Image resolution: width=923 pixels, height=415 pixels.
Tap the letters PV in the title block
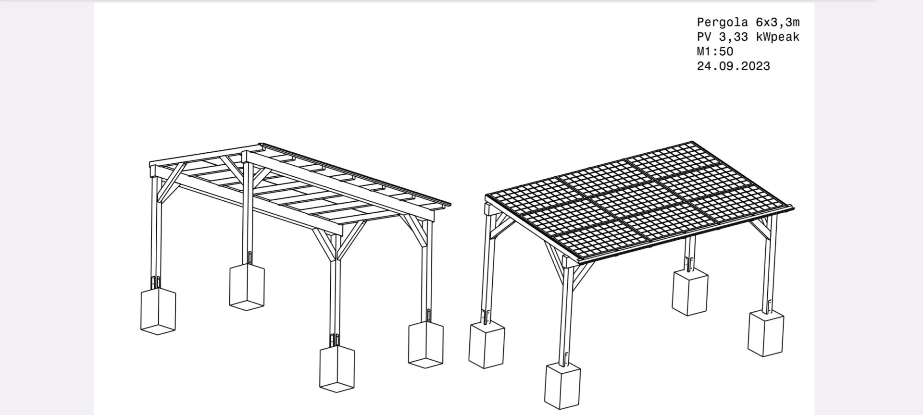pyautogui.click(x=704, y=37)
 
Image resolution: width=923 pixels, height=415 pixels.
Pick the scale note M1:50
pyautogui.click(x=715, y=51)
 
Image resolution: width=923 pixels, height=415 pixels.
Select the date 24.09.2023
pyautogui.click(x=734, y=66)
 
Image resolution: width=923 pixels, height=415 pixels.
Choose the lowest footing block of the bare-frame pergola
pyautogui.click(x=337, y=368)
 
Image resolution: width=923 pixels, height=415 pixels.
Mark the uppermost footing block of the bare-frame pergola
pyautogui.click(x=247, y=287)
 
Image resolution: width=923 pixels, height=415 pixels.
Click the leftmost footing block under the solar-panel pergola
pyautogui.click(x=486, y=345)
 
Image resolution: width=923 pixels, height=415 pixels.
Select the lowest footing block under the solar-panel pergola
pyautogui.click(x=562, y=386)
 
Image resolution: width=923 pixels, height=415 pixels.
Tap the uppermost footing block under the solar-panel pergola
pyautogui.click(x=690, y=292)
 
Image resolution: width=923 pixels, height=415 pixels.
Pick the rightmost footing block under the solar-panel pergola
pyautogui.click(x=766, y=333)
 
